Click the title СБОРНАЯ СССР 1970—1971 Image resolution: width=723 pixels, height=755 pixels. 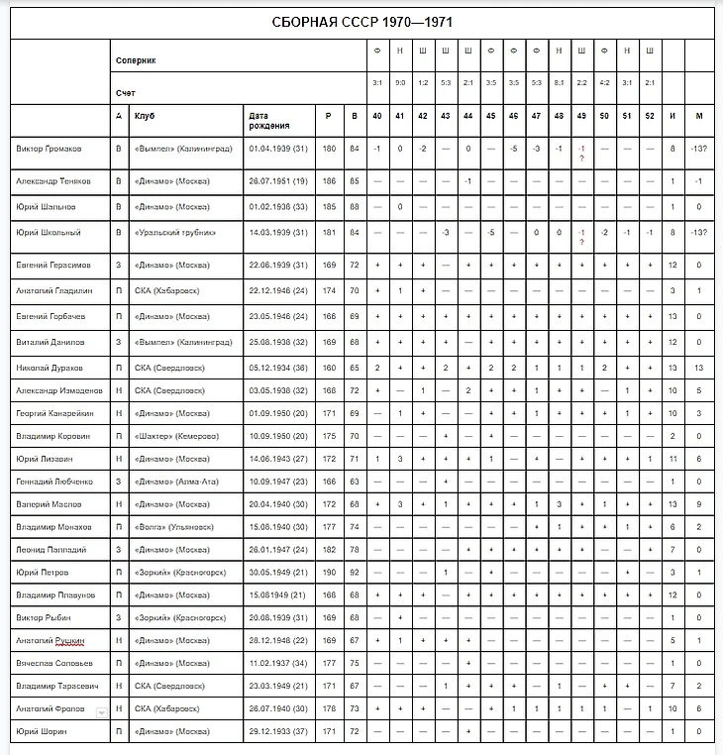pos(362,22)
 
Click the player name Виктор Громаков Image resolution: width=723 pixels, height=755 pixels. pos(50,149)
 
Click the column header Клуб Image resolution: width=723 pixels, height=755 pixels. pos(146,116)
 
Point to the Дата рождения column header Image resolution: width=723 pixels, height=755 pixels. pos(269,120)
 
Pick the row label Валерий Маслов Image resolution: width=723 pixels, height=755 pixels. pos(48,504)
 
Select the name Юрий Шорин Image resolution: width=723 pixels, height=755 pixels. pos(39,731)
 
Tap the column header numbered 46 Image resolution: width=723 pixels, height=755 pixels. pos(513,116)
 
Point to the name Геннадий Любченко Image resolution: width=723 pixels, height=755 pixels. pos(53,482)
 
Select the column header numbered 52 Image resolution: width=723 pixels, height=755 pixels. pos(650,116)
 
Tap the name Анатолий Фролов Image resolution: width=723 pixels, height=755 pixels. pos(48,709)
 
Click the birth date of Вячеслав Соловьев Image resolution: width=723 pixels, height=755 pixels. pos(279,663)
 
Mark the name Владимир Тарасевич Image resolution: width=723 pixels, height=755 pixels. pos(55,686)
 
